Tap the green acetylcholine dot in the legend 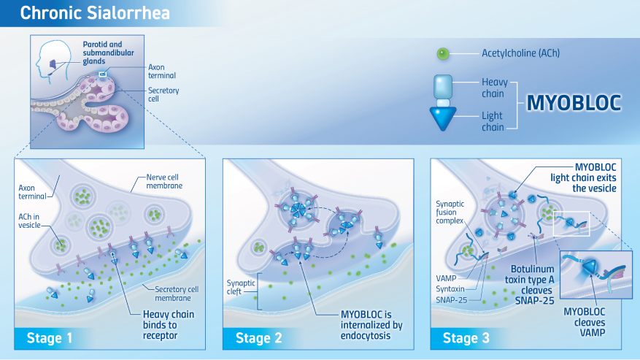442,53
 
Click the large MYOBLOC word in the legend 574,103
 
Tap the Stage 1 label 50,337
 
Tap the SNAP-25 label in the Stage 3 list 452,299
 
